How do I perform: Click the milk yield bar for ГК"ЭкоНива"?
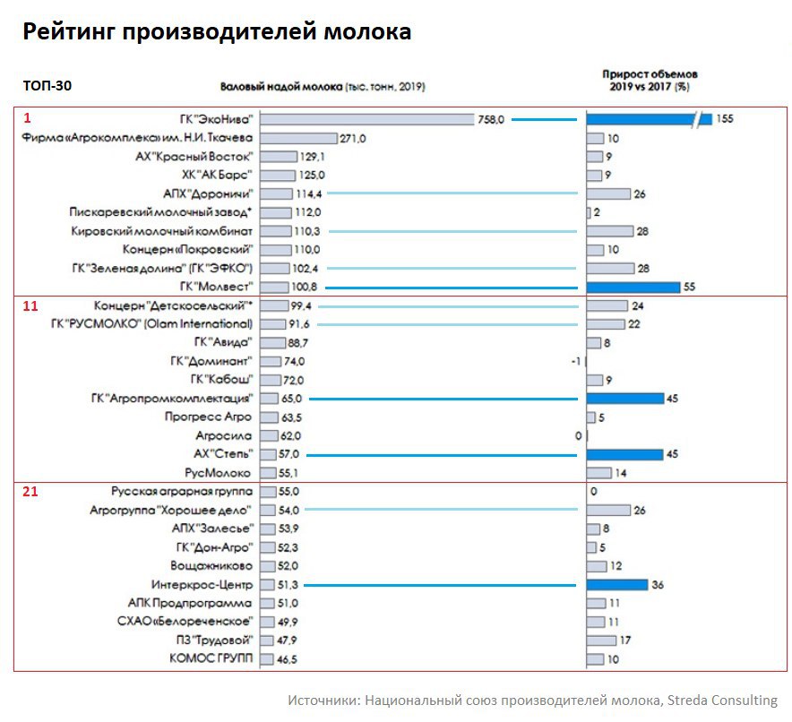366,119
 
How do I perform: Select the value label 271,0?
352,138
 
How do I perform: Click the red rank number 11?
30,305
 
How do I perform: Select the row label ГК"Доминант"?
211,361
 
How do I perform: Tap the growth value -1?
576,361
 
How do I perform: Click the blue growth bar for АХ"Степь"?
624,454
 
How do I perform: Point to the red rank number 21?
30,492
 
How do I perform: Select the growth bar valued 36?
616,584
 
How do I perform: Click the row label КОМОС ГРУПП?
211,658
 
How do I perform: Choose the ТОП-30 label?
47,86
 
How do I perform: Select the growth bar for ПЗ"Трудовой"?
601,640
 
